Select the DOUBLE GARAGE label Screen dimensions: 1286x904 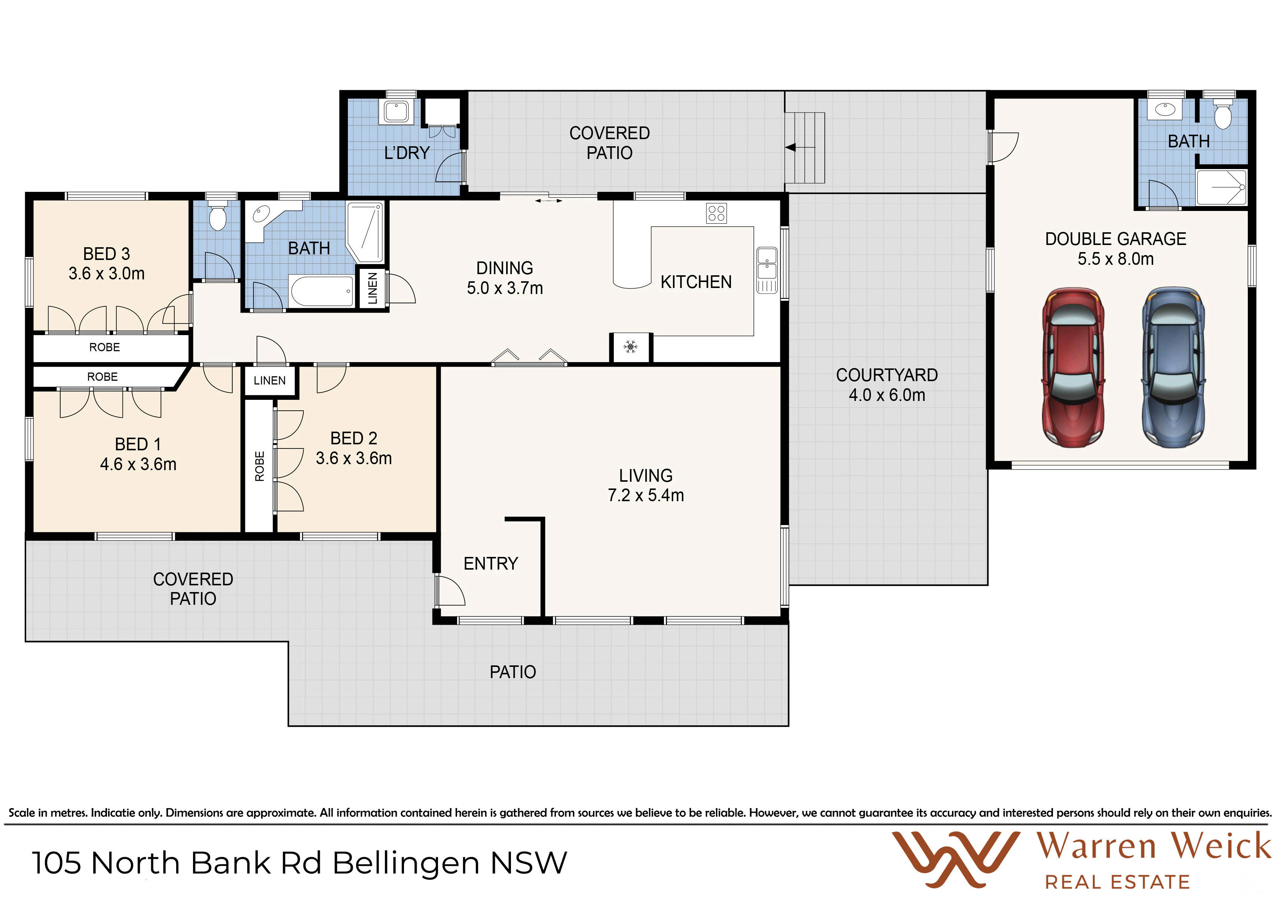(1116, 239)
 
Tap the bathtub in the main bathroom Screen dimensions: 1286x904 (322, 291)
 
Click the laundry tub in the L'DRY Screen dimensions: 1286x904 (396, 111)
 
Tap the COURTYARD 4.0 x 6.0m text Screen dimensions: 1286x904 (887, 385)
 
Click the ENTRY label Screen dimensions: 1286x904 (491, 564)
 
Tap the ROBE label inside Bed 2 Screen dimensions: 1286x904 (259, 466)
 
